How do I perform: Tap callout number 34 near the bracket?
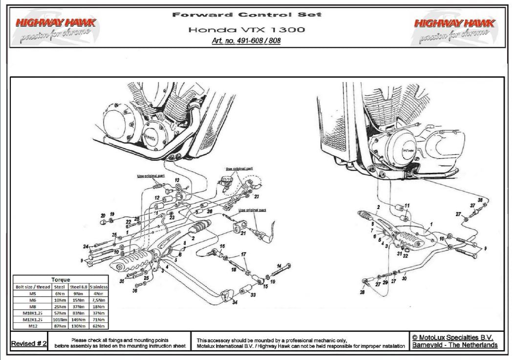236,303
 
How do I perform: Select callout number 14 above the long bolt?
279,266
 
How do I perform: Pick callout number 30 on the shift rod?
404,279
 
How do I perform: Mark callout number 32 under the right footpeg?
406,255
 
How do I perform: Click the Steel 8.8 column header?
78,287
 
